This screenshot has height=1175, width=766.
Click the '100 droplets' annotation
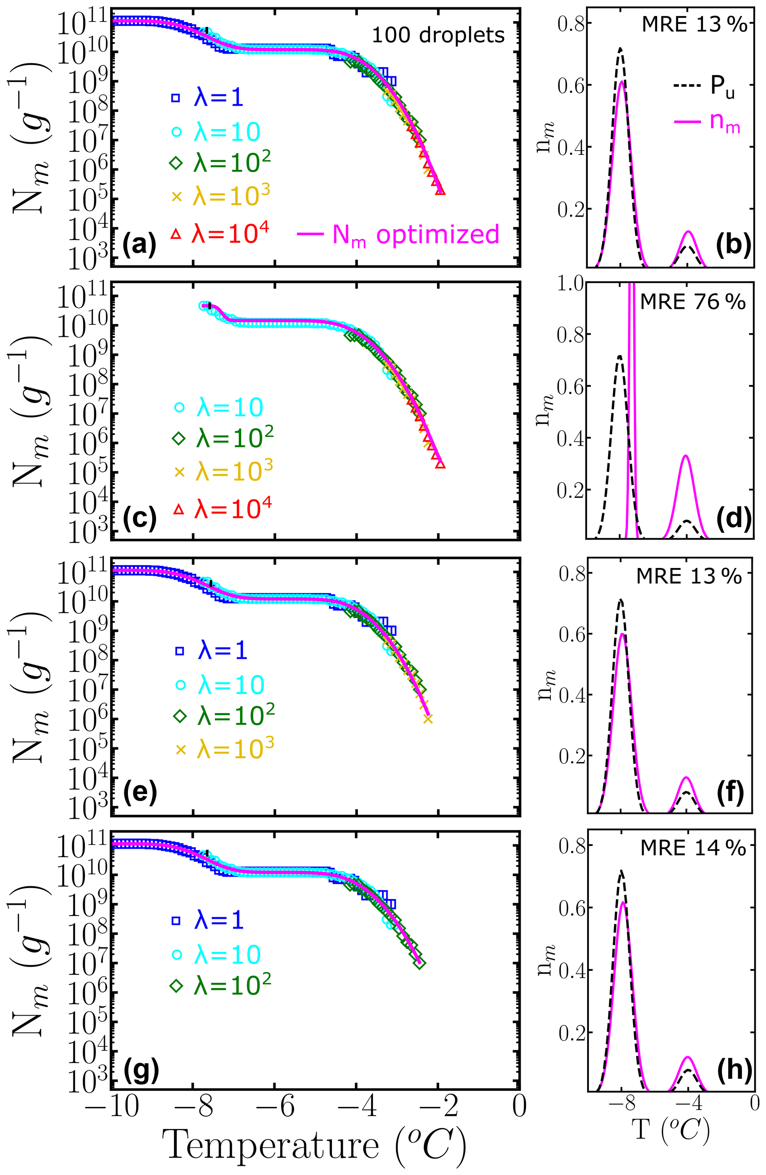point(438,35)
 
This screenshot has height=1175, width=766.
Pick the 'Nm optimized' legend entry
point(399,234)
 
